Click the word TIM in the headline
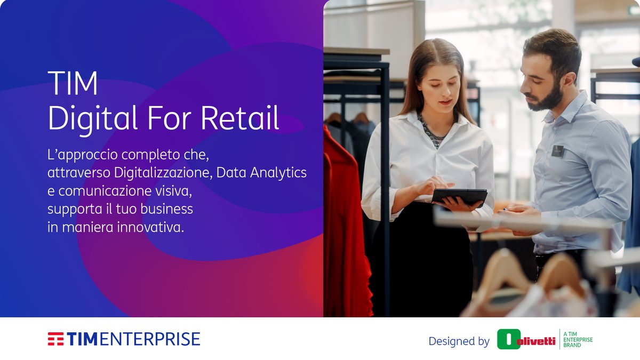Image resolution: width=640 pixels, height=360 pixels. [73, 84]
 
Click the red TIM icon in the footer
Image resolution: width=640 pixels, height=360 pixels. [55, 339]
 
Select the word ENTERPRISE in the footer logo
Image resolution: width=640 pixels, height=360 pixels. [150, 339]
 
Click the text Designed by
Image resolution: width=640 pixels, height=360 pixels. [459, 341]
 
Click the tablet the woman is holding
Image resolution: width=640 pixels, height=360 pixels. [459, 196]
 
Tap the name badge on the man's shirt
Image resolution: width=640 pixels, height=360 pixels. [557, 151]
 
